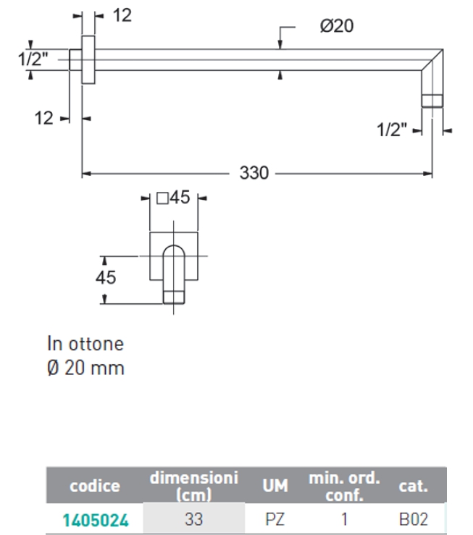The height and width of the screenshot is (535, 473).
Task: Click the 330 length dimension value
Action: pyautogui.click(x=254, y=174)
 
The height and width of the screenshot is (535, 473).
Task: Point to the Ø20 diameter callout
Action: pyautogui.click(x=336, y=27)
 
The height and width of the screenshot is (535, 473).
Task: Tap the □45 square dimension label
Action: pyautogui.click(x=173, y=198)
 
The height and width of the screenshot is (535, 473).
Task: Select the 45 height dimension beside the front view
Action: pyautogui.click(x=106, y=277)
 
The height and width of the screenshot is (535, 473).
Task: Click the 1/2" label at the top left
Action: pyautogui.click(x=33, y=59)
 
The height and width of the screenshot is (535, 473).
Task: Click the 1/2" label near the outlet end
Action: pyautogui.click(x=392, y=130)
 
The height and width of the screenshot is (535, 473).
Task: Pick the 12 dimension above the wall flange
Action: pyautogui.click(x=122, y=15)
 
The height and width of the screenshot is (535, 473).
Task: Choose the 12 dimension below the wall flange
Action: pyautogui.click(x=44, y=118)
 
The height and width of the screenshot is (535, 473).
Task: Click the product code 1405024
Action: pyautogui.click(x=94, y=518)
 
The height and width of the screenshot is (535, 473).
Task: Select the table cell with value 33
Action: pyautogui.click(x=193, y=518)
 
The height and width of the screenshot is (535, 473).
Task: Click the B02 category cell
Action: pyautogui.click(x=413, y=518)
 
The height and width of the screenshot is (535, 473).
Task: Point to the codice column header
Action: pyautogui.click(x=94, y=486)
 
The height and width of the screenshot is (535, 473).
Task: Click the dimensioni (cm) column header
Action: pyautogui.click(x=193, y=486)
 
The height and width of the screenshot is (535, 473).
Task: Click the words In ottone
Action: pyautogui.click(x=85, y=342)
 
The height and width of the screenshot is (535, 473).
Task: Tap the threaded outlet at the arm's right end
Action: pyautogui.click(x=432, y=101)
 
